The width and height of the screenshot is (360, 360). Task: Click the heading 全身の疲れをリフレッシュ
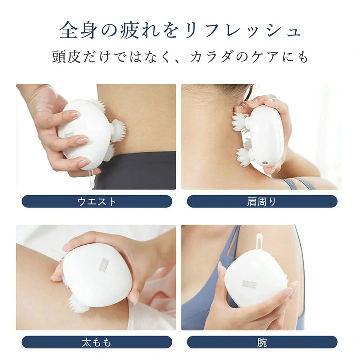coord(180,31)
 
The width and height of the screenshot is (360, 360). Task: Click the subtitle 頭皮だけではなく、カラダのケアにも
coord(180,57)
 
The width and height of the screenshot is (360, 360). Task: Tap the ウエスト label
coord(97,201)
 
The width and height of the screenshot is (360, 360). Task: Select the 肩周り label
coord(262,201)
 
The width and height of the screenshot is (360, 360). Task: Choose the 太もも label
coord(97,342)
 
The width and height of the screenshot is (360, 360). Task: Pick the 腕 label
coord(262,342)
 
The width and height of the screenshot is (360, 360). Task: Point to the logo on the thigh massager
coord(104,264)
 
